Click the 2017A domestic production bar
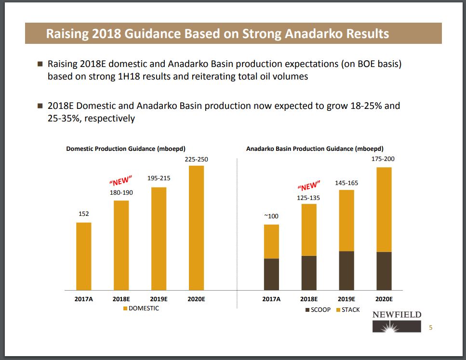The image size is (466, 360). point(83,256)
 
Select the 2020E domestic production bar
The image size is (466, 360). point(196,228)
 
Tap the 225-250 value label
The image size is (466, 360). point(196,159)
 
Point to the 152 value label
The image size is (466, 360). point(83,213)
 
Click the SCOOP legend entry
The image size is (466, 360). point(318,309)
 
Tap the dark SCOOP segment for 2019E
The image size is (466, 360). point(346,271)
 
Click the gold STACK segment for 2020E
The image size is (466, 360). point(384,210)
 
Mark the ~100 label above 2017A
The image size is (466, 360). point(271,216)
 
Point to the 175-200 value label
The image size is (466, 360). point(384,159)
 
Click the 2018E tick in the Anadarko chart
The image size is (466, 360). point(309,299)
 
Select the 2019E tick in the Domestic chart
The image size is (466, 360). point(159,299)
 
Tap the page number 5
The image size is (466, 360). point(431,328)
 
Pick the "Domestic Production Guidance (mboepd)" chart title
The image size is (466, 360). point(126,149)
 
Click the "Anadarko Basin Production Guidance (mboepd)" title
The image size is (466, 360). point(315,149)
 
